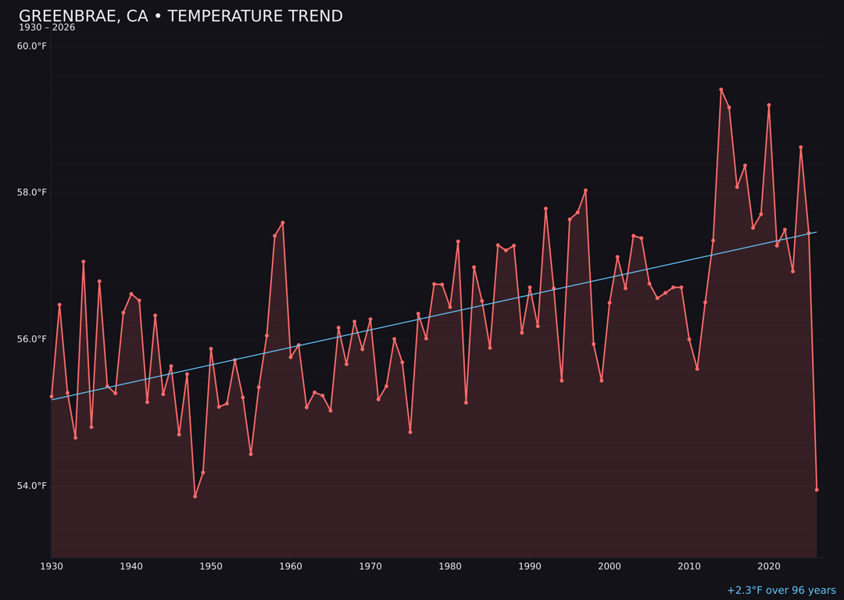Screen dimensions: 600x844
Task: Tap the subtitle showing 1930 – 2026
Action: point(47,28)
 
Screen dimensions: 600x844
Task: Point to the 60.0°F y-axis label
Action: point(32,46)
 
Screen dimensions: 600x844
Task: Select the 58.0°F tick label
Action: point(32,193)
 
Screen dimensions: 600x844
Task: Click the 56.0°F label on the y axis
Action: point(32,339)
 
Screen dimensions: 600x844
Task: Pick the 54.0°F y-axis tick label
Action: point(32,486)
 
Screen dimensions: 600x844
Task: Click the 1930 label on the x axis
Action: point(52,566)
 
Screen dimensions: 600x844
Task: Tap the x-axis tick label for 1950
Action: point(211,566)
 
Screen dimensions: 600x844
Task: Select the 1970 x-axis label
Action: point(370,566)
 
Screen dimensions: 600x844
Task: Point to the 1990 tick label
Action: point(530,566)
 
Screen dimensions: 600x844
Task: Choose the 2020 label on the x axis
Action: point(769,566)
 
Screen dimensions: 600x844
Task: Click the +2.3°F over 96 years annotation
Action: point(781,591)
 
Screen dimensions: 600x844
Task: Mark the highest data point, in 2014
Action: point(721,90)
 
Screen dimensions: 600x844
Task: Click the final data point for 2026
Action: point(817,490)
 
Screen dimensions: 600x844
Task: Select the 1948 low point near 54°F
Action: point(195,496)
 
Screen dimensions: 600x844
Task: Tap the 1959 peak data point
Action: point(283,223)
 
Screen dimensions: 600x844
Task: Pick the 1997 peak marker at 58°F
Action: point(585,191)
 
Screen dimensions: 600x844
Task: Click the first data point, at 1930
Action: point(52,396)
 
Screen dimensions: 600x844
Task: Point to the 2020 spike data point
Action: point(769,105)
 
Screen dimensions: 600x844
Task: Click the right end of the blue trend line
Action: point(816,232)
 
